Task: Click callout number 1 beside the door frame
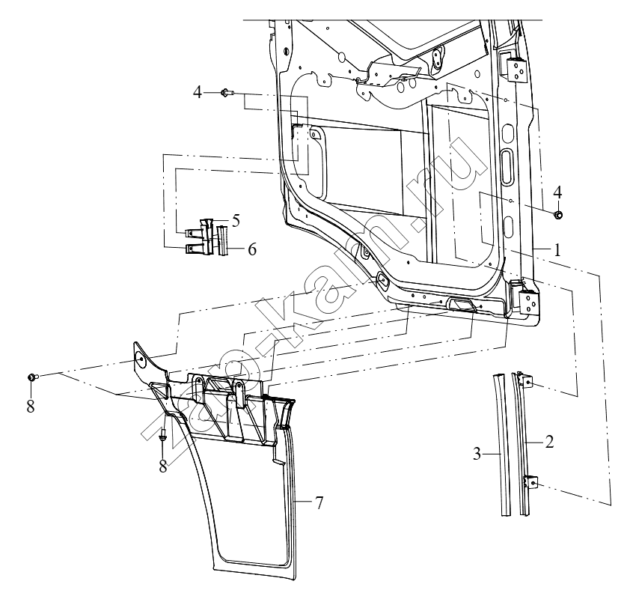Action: tap(557, 250)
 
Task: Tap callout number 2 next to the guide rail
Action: tap(549, 442)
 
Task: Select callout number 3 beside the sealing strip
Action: tap(477, 454)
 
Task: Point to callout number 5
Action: tap(236, 220)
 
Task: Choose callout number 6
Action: tap(251, 249)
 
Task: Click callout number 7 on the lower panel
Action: tap(319, 502)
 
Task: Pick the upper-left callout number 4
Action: tap(197, 93)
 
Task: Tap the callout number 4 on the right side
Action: tap(557, 192)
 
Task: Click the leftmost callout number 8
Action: tap(31, 406)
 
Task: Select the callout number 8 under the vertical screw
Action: tap(163, 466)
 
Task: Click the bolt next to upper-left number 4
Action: tap(227, 93)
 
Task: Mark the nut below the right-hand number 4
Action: tap(558, 215)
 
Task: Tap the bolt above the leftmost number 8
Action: tap(32, 377)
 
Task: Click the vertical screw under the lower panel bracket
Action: tap(164, 436)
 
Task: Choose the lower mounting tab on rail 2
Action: tap(530, 481)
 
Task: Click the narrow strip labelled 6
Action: tap(222, 240)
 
